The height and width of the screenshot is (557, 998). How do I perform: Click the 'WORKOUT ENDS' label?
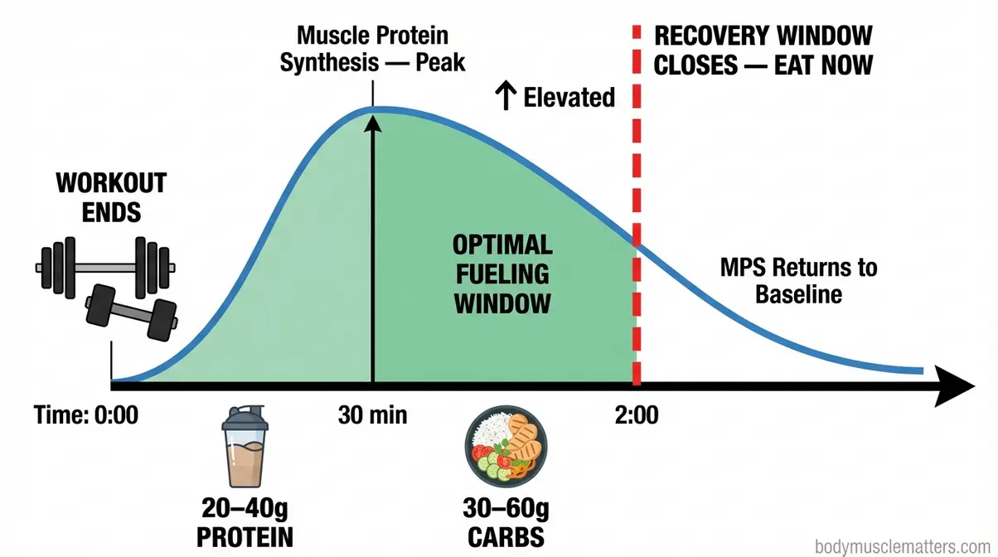tap(112, 196)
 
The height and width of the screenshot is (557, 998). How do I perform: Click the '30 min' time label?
tap(372, 414)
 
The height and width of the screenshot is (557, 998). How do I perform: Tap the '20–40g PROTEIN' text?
tap(245, 521)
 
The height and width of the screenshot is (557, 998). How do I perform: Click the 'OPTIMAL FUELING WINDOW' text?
tap(502, 274)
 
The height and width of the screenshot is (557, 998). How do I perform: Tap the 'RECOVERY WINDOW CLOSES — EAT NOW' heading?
tap(763, 50)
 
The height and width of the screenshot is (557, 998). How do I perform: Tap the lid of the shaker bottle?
tap(245, 417)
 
